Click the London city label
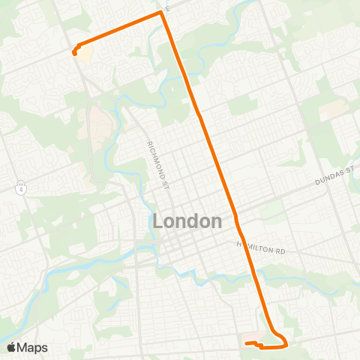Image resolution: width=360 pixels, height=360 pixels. [x=187, y=221]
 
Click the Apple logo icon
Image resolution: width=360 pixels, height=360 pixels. [x=12, y=347]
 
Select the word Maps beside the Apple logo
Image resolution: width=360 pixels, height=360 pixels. [x=34, y=347]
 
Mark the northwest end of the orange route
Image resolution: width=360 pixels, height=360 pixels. [x=73, y=53]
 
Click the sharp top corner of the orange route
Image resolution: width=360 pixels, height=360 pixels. [x=160, y=12]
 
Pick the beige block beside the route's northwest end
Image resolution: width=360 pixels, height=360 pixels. [x=85, y=55]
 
